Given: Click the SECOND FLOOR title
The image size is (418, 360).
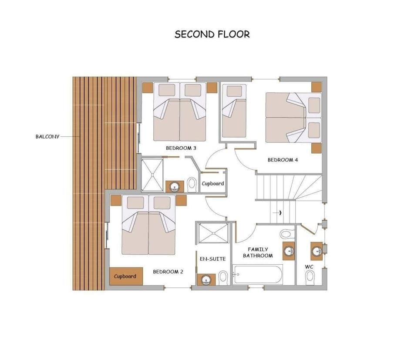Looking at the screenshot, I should click(x=212, y=34).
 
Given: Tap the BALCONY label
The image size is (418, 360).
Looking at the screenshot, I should click(x=47, y=136).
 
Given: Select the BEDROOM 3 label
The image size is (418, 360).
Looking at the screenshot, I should click(x=181, y=148).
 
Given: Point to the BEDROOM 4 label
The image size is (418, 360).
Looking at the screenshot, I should click(x=283, y=160).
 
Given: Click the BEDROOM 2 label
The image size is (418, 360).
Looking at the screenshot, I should click(x=168, y=272).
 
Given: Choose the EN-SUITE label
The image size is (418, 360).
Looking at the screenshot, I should click(x=212, y=259).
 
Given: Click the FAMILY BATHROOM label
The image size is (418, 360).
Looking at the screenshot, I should click(x=258, y=252).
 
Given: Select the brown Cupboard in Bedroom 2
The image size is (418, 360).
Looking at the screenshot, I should click(x=125, y=276).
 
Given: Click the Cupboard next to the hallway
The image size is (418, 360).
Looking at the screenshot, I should click(x=212, y=183).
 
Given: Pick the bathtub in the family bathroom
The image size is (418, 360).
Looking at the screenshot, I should click(x=258, y=275).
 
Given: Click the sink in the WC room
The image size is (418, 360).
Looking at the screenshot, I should click(x=317, y=251).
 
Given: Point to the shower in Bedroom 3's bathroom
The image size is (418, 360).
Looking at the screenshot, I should click(x=152, y=174).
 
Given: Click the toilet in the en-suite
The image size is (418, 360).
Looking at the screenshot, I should click(x=223, y=276).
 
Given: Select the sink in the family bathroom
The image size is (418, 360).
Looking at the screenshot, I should click(x=288, y=251).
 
